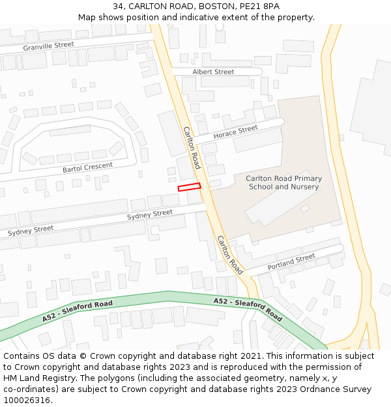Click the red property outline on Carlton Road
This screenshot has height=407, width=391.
(189, 187)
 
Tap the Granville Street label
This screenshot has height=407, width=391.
(49, 46)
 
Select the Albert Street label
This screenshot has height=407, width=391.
(213, 72)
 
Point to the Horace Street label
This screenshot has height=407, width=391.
(236, 132)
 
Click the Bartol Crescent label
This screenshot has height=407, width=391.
(87, 167)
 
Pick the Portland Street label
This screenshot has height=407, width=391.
(291, 262)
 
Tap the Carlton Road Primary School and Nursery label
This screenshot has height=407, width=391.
(283, 182)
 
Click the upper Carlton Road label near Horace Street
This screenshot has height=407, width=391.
(192, 148)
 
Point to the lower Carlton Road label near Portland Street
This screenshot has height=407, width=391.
(229, 255)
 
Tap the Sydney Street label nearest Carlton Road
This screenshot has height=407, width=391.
(150, 214)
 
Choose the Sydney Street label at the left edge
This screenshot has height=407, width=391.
(31, 231)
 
